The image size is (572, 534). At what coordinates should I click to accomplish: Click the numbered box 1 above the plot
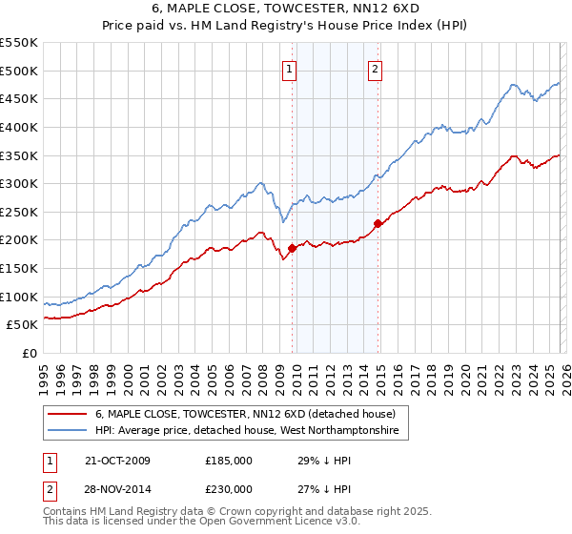[289, 69]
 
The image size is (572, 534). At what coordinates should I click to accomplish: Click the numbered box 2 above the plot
[376, 69]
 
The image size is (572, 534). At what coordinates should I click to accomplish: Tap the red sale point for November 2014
[378, 223]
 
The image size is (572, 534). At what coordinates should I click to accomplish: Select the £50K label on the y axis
[23, 325]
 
